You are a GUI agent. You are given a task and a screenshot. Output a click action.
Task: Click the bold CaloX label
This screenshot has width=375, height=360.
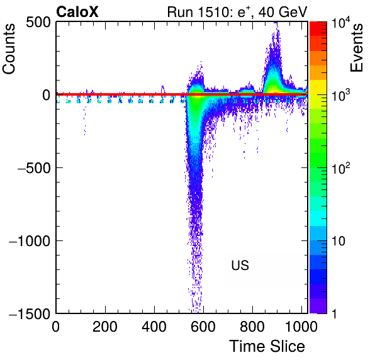[x=77, y=12]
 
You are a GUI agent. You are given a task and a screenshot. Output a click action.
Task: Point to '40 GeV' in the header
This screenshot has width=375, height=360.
[x=283, y=12]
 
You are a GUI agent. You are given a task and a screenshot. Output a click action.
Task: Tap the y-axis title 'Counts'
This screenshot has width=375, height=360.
[x=9, y=49]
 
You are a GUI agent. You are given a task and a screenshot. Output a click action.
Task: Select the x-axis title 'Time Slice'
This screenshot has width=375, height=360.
[x=267, y=346]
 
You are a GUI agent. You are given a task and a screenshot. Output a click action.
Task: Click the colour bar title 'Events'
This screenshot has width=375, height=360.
[x=356, y=48]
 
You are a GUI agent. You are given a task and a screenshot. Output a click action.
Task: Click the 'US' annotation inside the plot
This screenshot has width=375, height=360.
[x=240, y=266]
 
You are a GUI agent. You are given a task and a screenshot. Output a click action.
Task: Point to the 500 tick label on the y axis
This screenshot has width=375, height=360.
[x=38, y=23]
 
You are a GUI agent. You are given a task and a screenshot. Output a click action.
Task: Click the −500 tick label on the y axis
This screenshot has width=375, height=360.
[x=34, y=168]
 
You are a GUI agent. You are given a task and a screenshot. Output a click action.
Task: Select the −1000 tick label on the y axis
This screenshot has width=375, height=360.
[x=30, y=241]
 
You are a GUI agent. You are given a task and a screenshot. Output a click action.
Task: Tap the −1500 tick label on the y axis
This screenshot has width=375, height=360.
[x=30, y=313]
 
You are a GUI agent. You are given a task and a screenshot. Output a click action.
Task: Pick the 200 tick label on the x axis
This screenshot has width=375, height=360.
[x=104, y=327]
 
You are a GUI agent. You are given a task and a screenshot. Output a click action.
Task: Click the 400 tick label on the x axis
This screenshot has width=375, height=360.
[x=154, y=327]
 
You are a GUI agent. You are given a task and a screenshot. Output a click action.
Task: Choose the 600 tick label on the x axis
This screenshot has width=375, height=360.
[x=203, y=327]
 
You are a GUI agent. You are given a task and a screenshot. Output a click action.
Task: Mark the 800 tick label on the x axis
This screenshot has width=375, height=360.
[x=252, y=327]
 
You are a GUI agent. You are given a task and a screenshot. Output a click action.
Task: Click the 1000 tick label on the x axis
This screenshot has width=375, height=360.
[x=301, y=327]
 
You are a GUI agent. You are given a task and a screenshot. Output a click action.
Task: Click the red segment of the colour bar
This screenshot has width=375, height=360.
[x=318, y=29]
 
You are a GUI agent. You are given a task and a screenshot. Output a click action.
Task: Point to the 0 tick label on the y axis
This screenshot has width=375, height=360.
[x=47, y=96]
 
